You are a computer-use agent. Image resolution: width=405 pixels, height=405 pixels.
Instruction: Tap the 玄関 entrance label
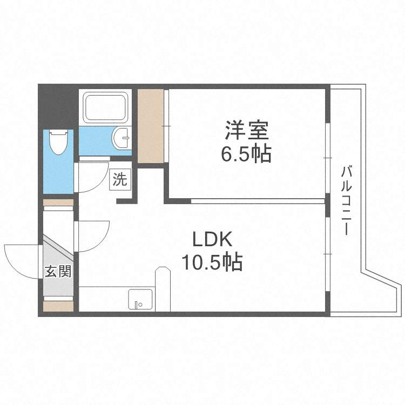57,272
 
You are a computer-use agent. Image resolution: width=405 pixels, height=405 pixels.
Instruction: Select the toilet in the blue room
57,142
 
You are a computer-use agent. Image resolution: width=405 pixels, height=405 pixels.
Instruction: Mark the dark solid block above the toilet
57,106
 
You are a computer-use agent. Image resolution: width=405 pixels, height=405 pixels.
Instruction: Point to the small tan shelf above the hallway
58,203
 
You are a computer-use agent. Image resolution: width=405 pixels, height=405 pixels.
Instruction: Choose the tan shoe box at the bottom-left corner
58,306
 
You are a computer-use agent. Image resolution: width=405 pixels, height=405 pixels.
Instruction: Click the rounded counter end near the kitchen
161,275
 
